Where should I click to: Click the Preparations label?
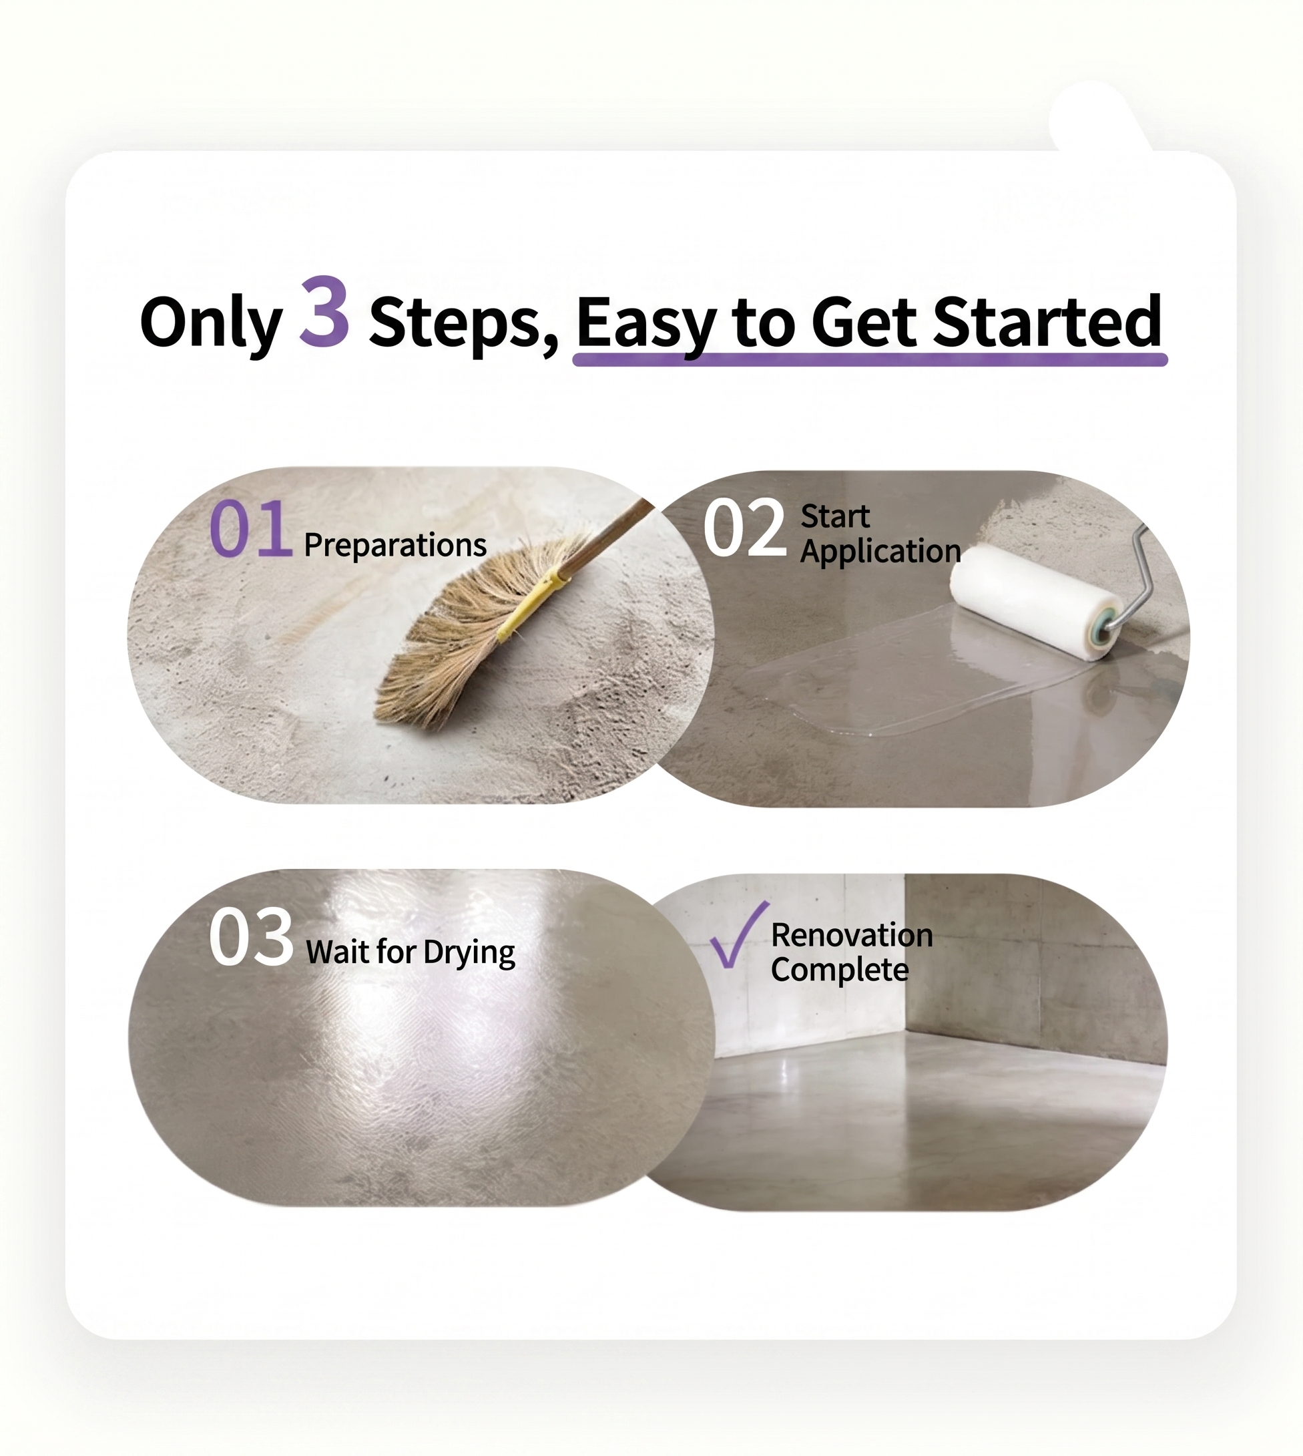tap(395, 545)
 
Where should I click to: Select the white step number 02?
tap(744, 528)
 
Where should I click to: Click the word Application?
tap(880, 552)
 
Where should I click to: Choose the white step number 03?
tap(251, 936)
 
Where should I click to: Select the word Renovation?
tap(852, 935)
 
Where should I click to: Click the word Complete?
tap(840, 970)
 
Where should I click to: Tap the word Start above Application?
tap(835, 516)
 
